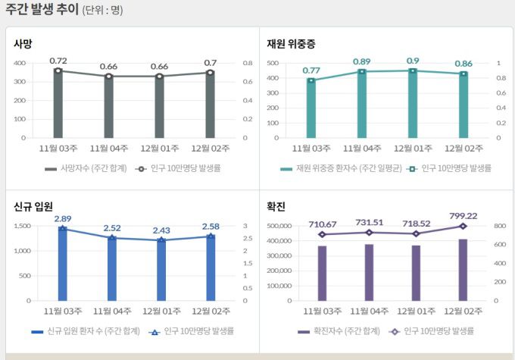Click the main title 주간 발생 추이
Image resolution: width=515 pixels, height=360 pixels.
(41, 10)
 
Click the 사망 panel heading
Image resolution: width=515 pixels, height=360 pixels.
(23, 44)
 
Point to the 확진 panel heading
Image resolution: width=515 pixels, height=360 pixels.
(276, 206)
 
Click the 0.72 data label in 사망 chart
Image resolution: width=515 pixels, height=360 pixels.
(58, 60)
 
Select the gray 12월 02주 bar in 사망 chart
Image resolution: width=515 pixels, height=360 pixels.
(210, 106)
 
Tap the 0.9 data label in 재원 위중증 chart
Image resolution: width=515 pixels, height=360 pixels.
(413, 61)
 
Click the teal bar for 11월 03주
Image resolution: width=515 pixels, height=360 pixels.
(311, 108)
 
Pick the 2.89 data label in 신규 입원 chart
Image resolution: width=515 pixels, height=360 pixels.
(63, 218)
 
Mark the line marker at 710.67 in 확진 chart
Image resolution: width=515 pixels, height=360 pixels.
(323, 235)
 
